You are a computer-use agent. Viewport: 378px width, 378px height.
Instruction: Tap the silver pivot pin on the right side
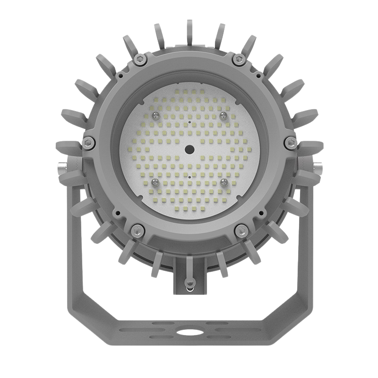pos(318,167)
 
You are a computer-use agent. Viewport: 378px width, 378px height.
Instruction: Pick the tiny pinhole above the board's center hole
pos(189,121)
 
